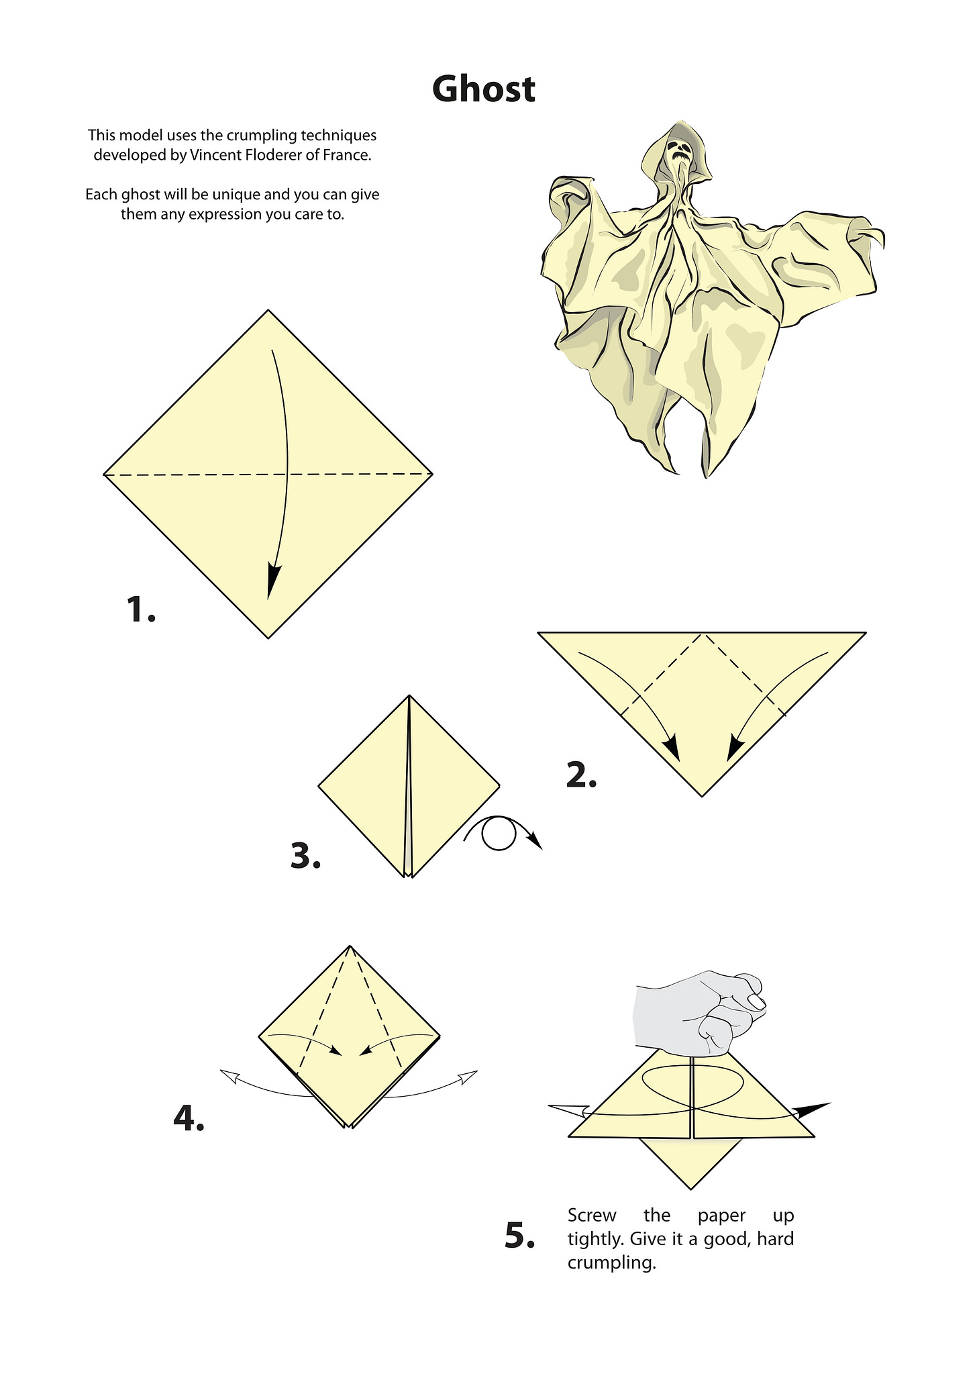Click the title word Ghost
484,89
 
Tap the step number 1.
141,609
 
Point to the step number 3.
305,856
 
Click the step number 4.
189,1118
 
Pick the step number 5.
519,1236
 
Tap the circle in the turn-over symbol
499,834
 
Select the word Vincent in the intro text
213,155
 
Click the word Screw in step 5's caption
592,1215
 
